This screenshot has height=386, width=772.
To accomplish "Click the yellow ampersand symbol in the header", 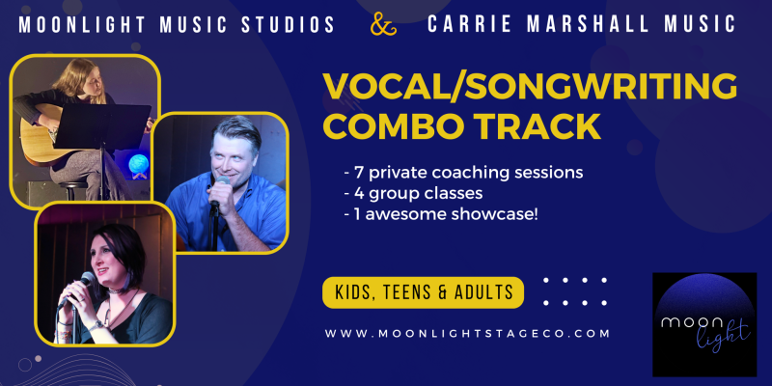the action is [x=383, y=24].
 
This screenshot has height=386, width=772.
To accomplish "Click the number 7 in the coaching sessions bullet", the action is [x=357, y=173].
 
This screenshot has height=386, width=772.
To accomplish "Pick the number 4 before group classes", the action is [x=357, y=194].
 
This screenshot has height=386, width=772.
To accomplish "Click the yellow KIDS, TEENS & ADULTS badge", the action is [x=423, y=292].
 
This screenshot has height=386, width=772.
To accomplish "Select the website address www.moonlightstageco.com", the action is [x=468, y=333].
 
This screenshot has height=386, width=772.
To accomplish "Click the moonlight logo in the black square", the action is [x=704, y=325].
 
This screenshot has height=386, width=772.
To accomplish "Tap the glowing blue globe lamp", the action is [x=138, y=165].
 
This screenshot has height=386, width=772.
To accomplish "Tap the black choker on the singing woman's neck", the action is [x=118, y=291].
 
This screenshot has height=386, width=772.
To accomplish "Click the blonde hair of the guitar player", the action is [x=80, y=79].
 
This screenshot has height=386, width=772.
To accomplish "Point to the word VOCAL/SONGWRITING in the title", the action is [x=529, y=87].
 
